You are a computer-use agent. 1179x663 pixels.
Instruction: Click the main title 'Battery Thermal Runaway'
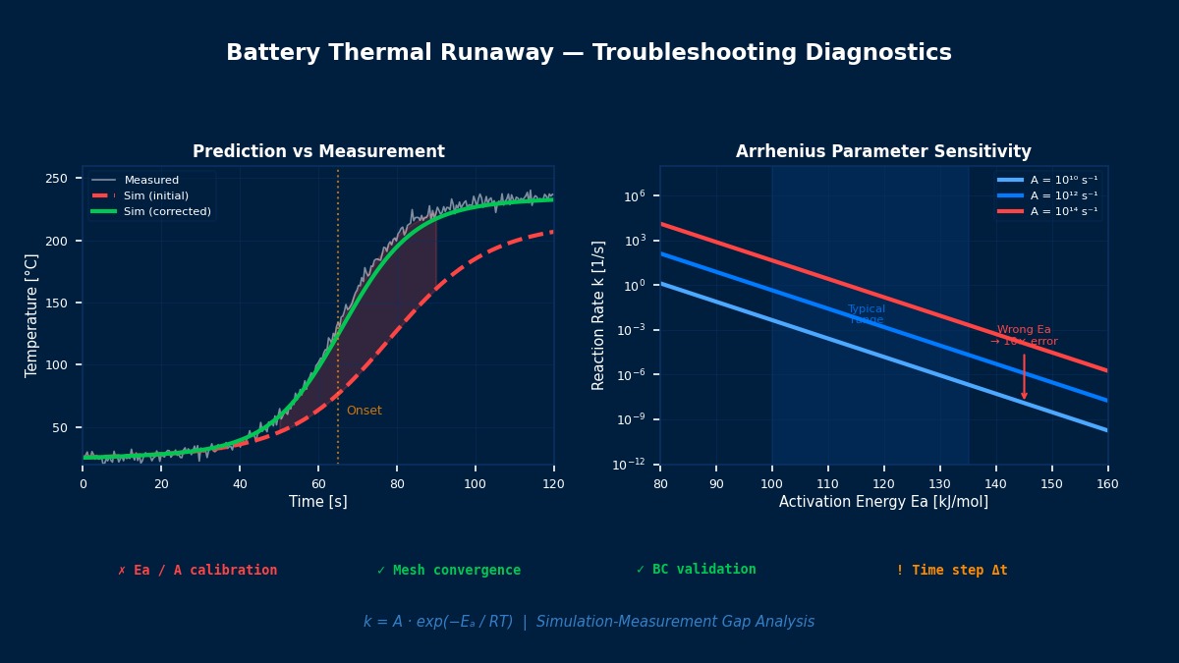pos(589,53)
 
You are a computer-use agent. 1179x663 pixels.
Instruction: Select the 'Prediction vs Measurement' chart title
pos(318,152)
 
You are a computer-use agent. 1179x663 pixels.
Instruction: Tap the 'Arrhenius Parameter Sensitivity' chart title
pos(883,152)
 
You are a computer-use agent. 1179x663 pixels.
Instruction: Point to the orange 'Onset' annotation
pos(365,411)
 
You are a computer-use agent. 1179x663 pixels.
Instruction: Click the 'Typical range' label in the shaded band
pos(867,314)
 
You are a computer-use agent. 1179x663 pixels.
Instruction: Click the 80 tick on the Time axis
pos(397,483)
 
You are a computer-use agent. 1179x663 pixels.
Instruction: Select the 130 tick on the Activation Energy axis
pos(940,483)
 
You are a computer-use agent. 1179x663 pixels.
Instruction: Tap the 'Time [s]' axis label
pos(318,502)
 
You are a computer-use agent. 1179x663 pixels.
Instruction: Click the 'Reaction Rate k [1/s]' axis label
pos(599,315)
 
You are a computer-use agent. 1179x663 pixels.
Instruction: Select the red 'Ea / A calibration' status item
pos(197,571)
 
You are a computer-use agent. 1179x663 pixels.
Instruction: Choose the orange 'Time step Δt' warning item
pos(951,571)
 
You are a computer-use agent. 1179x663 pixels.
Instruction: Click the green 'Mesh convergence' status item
pos(449,571)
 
